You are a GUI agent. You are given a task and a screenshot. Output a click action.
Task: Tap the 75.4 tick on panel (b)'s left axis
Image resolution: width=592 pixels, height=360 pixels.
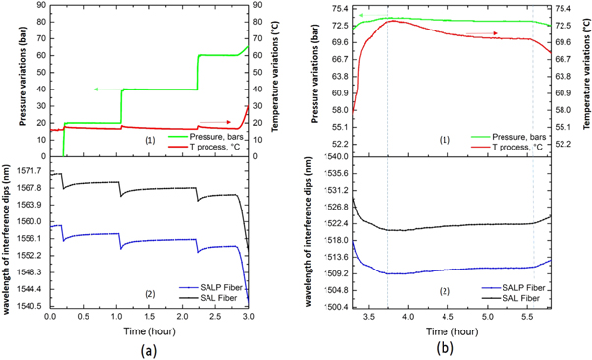335,9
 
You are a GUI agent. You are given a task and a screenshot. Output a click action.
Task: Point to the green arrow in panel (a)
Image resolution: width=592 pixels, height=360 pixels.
97,90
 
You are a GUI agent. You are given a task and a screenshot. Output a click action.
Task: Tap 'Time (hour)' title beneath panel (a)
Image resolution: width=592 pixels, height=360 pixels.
155,332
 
